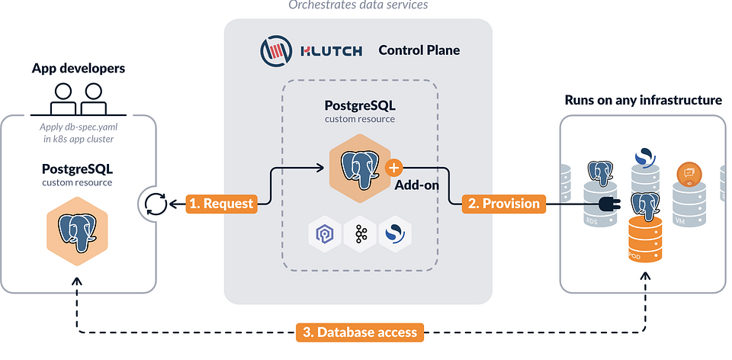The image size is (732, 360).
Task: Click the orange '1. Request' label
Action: click(x=220, y=204)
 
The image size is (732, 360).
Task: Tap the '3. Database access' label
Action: click(x=359, y=332)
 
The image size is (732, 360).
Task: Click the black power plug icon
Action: click(x=610, y=204)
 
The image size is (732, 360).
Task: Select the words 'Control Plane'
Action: click(x=419, y=51)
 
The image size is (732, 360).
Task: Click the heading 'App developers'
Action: click(x=79, y=69)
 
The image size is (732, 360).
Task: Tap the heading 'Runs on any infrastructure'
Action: click(x=643, y=100)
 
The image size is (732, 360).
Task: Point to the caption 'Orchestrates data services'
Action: click(x=358, y=5)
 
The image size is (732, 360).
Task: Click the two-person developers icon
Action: click(x=79, y=98)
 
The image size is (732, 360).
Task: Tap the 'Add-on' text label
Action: click(x=416, y=185)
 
